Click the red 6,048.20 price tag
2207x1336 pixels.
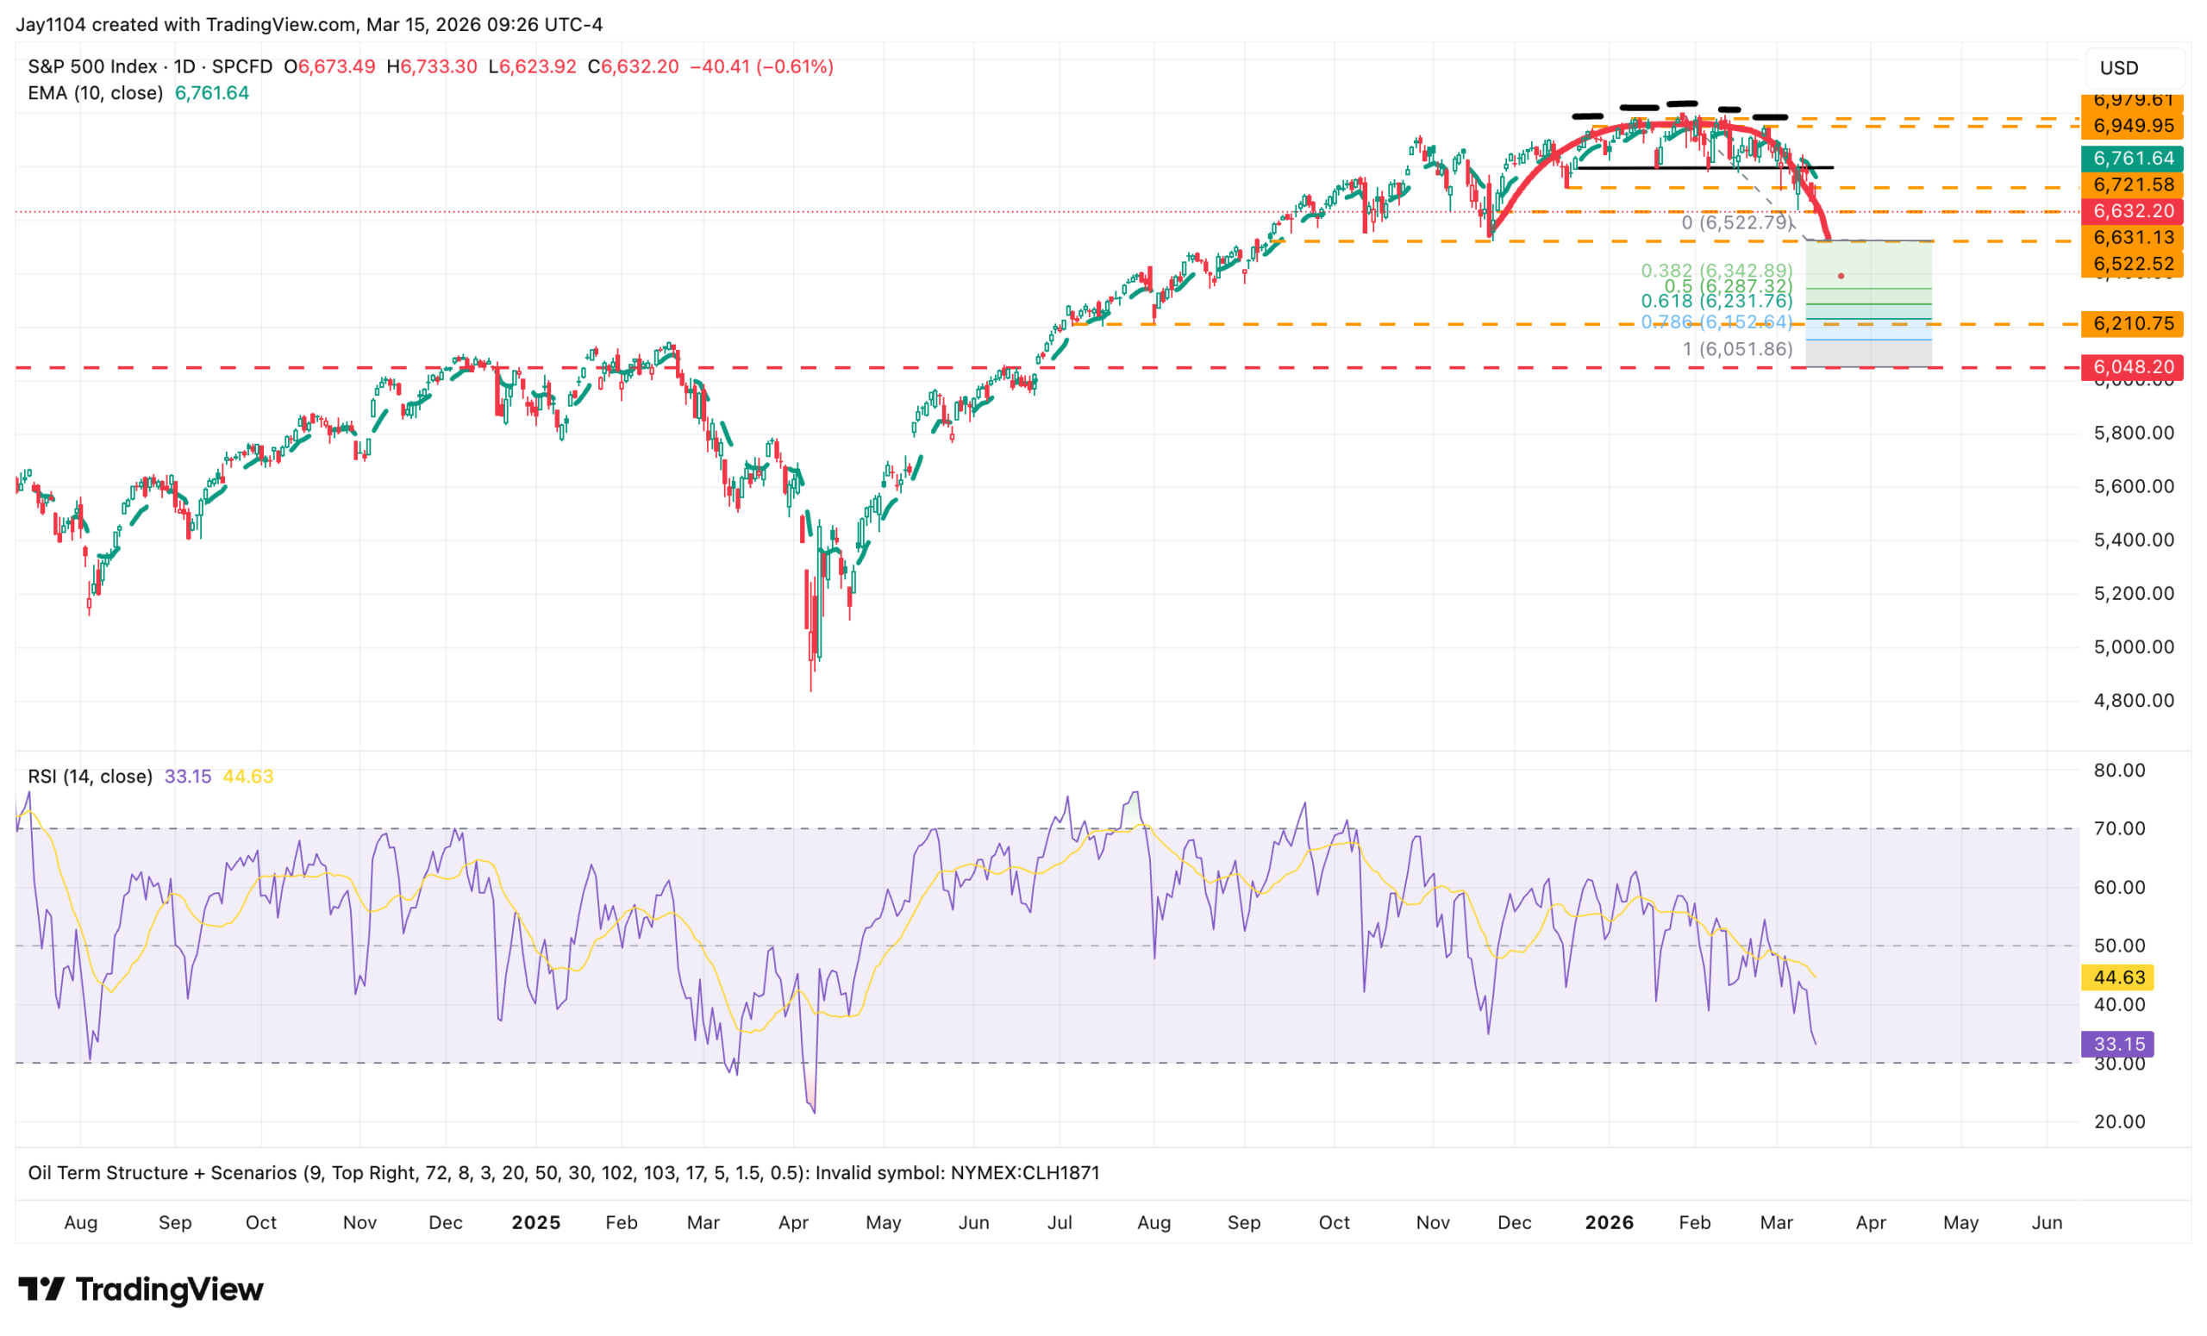pyautogui.click(x=2133, y=367)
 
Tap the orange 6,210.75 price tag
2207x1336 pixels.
pyautogui.click(x=2133, y=324)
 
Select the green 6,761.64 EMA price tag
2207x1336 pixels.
pyautogui.click(x=2133, y=159)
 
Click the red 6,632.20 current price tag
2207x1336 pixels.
pyautogui.click(x=2133, y=211)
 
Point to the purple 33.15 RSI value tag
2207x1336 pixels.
pyautogui.click(x=2118, y=1044)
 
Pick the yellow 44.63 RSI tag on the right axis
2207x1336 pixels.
pyautogui.click(x=2118, y=977)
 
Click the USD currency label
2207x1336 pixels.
pyautogui.click(x=2119, y=68)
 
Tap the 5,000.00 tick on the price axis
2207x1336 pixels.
pyautogui.click(x=2134, y=647)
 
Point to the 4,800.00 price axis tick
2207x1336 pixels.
pyautogui.click(x=2134, y=701)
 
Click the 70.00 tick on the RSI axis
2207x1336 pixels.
pyautogui.click(x=2119, y=829)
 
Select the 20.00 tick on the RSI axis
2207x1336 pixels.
pyautogui.click(x=2119, y=1122)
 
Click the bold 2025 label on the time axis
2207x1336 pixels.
pyautogui.click(x=535, y=1223)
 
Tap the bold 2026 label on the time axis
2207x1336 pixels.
pyautogui.click(x=1609, y=1223)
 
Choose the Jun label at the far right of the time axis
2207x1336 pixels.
pyautogui.click(x=2047, y=1223)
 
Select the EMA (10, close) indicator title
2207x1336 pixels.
pyautogui.click(x=95, y=93)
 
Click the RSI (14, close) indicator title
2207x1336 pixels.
pyautogui.click(x=90, y=777)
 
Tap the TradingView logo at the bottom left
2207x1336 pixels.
pyautogui.click(x=141, y=1289)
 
